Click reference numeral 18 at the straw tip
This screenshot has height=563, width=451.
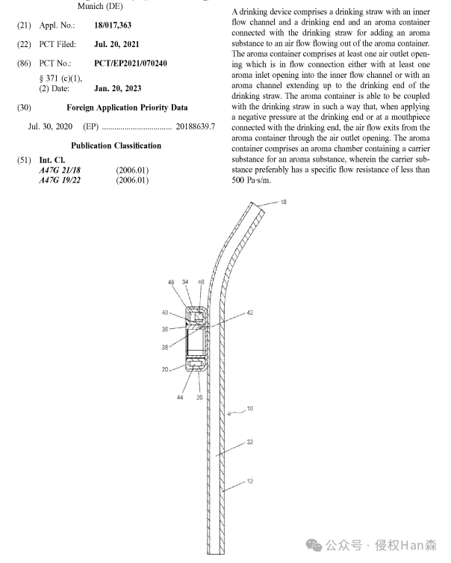(283, 202)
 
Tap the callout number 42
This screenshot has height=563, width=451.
(250, 313)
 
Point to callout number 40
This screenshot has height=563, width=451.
(165, 313)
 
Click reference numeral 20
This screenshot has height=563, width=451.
(165, 369)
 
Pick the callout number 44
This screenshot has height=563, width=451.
(180, 398)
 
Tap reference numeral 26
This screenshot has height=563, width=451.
(199, 398)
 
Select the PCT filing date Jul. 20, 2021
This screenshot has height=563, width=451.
(116, 45)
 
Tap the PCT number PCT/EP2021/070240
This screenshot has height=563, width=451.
(131, 64)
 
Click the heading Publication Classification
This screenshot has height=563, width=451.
(116, 146)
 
